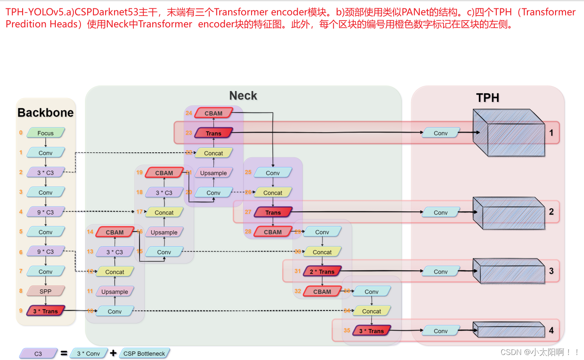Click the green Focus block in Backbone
pos(46,133)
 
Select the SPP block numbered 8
pos(46,291)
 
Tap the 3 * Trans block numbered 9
pos(46,311)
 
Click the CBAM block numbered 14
pos(114,232)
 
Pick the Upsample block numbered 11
pos(114,292)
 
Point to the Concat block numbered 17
pos(164,212)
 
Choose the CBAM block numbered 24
pos(213,113)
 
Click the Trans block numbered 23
pos(213,133)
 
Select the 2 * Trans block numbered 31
pos(322,271)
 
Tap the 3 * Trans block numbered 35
pos(371,331)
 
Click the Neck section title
pos(243,96)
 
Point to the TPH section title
pos(488,98)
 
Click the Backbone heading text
pos(46,112)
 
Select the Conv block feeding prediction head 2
pos(441,212)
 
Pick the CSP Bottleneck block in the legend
pos(144,354)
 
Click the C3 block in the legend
pos(38,354)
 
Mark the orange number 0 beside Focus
pos(21,133)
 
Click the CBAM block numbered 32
pos(322,291)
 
